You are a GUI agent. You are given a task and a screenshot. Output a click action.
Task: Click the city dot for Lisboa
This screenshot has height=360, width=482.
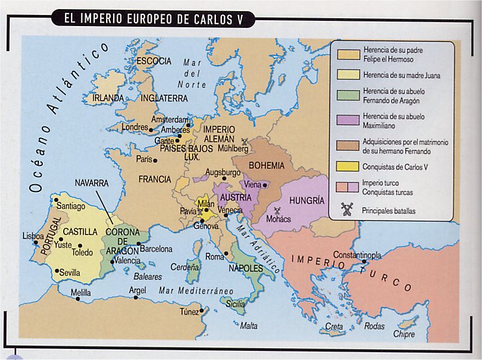(x=41, y=242)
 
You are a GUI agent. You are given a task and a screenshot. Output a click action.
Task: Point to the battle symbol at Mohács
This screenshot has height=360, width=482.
(x=278, y=211)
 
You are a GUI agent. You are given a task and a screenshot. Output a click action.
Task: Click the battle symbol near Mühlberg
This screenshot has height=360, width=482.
(x=245, y=141)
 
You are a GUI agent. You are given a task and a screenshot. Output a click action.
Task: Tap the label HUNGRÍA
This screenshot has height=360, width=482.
(x=306, y=201)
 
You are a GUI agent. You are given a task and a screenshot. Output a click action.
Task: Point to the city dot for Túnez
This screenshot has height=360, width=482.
(x=202, y=311)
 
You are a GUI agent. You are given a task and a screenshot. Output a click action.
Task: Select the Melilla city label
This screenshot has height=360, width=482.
(x=81, y=293)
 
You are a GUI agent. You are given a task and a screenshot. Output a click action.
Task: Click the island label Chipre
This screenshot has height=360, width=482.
(x=404, y=334)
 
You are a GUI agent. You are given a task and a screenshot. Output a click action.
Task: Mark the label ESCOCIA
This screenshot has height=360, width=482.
(x=154, y=61)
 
